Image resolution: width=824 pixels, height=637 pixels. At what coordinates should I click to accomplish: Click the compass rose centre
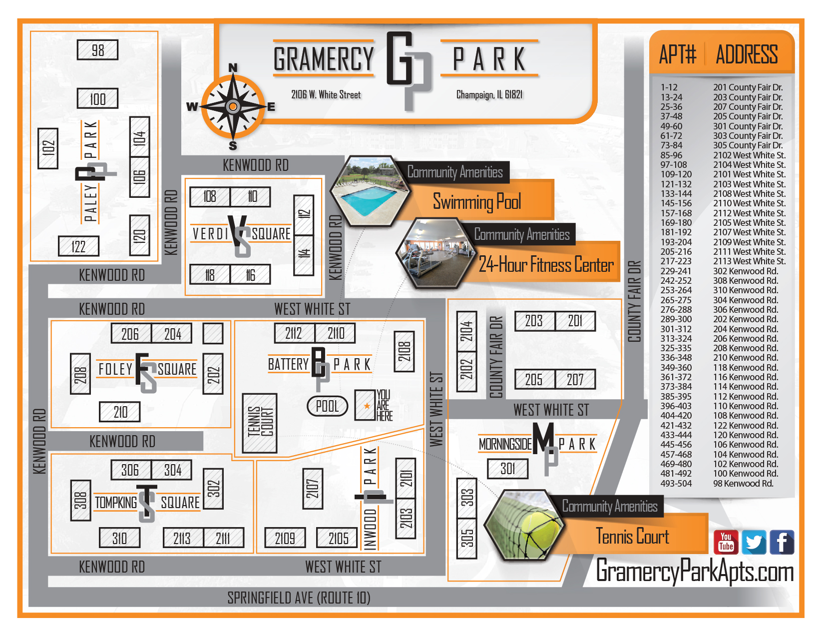pos(233,106)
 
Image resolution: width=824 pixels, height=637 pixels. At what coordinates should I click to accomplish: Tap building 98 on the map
pos(98,50)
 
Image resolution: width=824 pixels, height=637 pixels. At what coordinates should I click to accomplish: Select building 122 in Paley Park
pos(78,246)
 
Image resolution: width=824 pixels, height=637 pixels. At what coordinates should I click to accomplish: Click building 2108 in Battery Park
pos(404,352)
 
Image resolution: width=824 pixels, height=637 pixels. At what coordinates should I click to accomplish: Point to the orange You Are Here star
pos(367,406)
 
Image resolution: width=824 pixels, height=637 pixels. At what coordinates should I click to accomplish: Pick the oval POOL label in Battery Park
pos(327,406)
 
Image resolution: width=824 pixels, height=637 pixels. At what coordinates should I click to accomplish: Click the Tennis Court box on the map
pos(260,423)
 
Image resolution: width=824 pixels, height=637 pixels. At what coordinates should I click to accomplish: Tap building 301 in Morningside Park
pos(507,469)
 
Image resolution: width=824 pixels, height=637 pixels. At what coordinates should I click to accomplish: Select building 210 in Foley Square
pos(120,412)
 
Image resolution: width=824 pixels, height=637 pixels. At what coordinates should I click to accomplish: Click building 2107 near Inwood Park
pos(313,488)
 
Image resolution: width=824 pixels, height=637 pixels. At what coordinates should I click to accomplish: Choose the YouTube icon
pos(726,542)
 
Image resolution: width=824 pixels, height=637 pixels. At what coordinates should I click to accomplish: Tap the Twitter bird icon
pos(754,542)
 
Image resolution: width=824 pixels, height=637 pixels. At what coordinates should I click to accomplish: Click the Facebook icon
pos(782,542)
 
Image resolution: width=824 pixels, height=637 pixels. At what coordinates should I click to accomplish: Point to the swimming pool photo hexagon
pos(370,191)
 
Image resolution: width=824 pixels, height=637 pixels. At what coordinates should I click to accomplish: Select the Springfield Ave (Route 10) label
pos(299,598)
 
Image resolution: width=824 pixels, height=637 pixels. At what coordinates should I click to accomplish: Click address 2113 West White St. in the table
pos(749,261)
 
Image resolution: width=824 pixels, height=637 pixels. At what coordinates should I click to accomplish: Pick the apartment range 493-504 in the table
pos(676,483)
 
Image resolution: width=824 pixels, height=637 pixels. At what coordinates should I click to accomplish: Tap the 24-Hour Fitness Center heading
pos(546,265)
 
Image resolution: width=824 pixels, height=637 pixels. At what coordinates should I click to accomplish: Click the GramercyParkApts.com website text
pos(695,571)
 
